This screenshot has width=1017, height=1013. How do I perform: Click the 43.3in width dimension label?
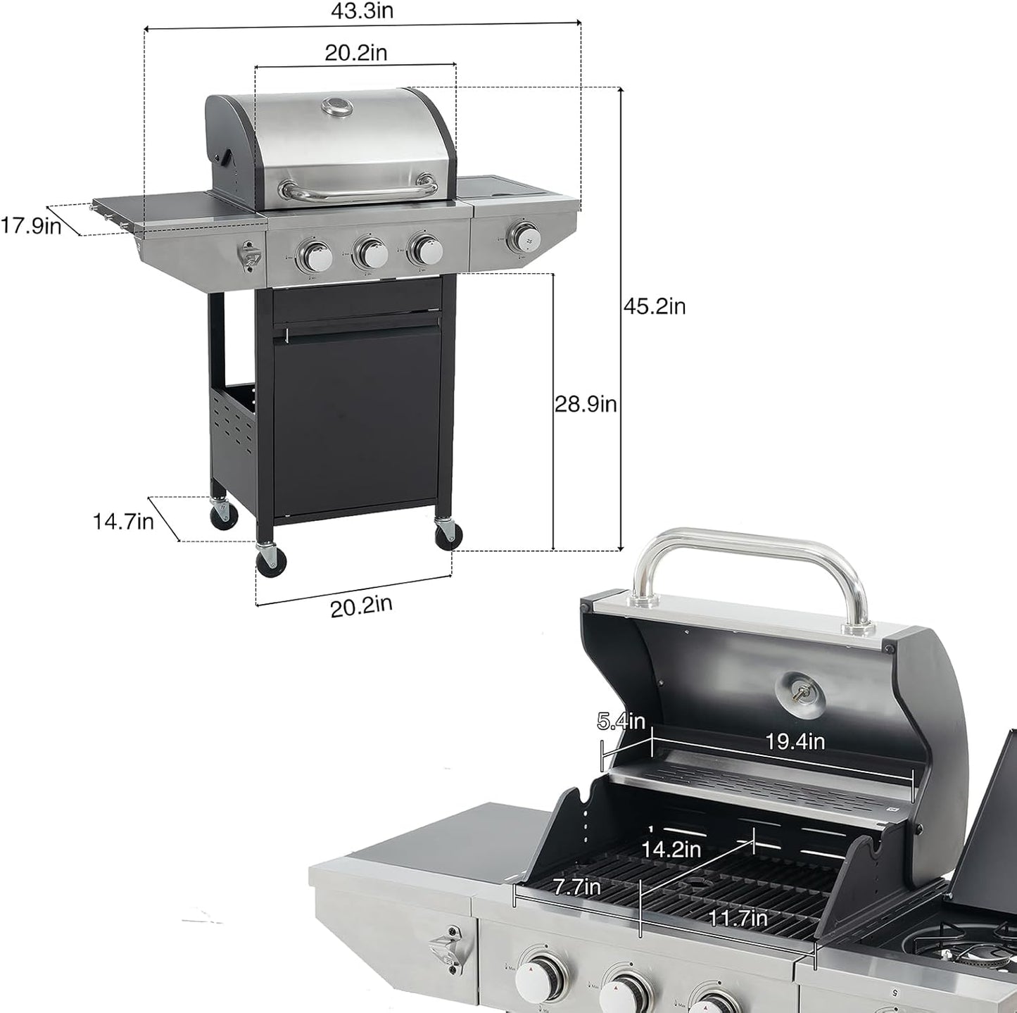(362, 11)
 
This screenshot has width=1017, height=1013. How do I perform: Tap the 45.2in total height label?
(654, 307)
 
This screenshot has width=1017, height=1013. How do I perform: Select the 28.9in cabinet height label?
(585, 404)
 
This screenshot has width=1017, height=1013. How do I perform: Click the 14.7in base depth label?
(123, 522)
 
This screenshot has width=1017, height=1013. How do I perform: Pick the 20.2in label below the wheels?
(362, 605)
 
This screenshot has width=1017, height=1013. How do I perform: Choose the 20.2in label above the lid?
(355, 52)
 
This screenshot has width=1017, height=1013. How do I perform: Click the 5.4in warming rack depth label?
(620, 721)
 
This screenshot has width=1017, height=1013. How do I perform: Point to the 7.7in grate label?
(576, 887)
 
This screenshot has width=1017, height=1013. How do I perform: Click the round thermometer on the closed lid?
(336, 106)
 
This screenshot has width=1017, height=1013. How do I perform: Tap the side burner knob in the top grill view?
(524, 234)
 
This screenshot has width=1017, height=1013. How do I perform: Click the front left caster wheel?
(270, 560)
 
